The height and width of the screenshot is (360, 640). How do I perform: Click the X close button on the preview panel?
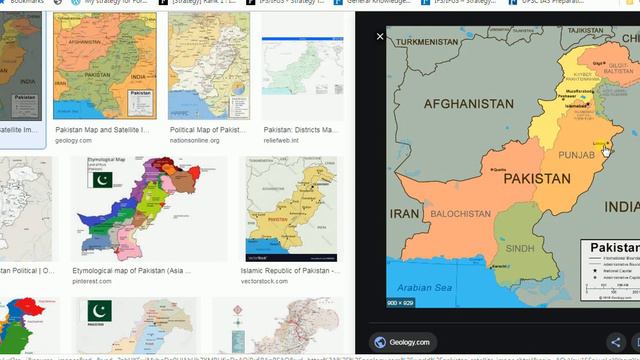tap(380, 36)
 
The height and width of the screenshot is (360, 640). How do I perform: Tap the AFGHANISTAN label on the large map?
tap(469, 103)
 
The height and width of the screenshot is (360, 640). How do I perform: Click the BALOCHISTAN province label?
tap(461, 213)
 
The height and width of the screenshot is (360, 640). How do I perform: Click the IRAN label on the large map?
tap(404, 213)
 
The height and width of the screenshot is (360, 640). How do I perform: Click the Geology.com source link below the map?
tap(405, 342)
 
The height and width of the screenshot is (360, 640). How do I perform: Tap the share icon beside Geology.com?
tap(615, 342)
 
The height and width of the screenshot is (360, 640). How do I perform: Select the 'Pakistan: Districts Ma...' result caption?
tap(302, 130)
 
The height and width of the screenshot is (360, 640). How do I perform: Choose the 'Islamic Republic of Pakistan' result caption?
tap(292, 270)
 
